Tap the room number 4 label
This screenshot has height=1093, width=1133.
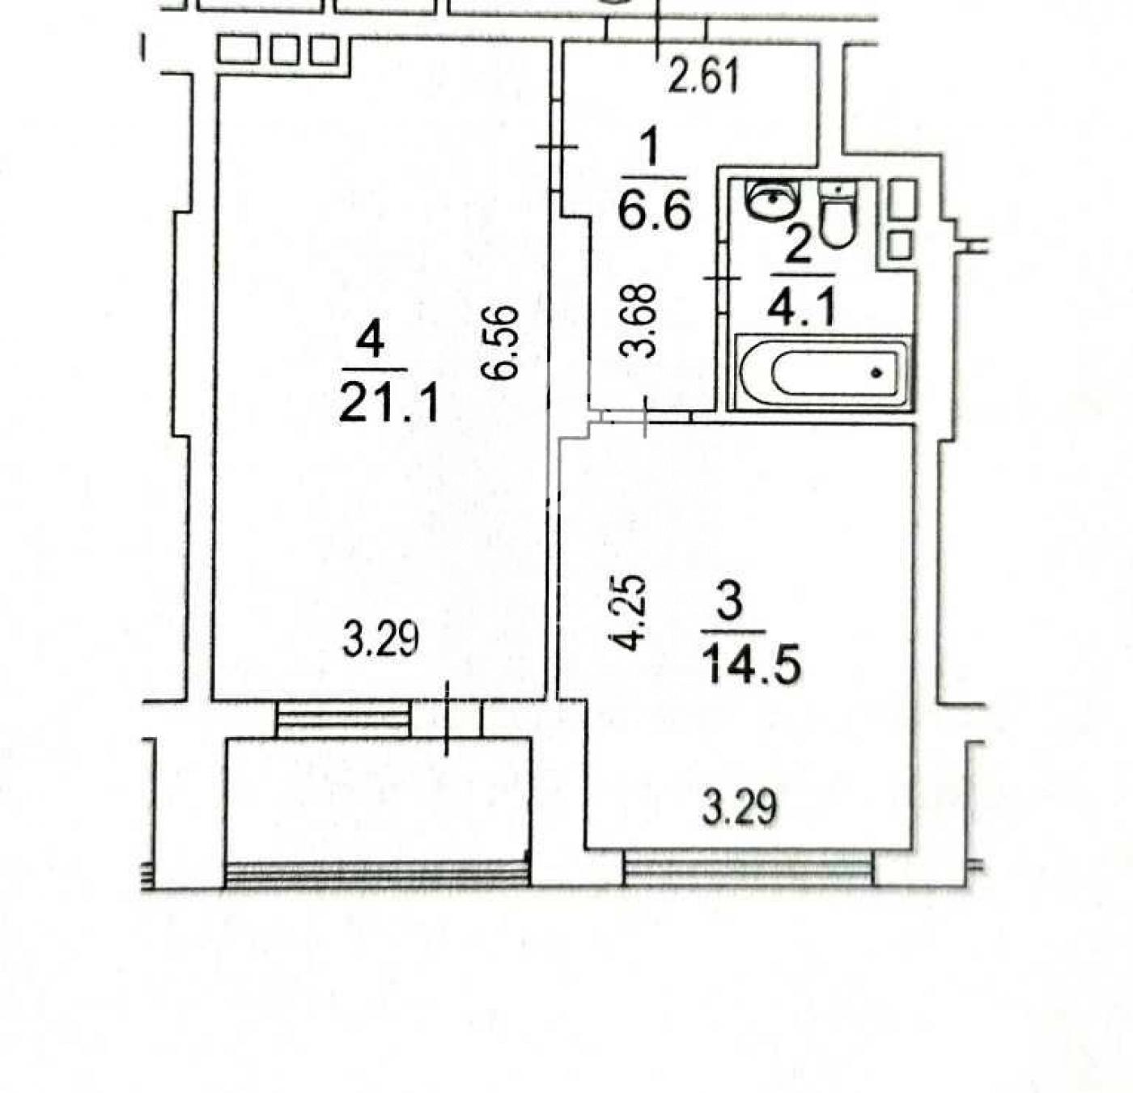tap(371, 341)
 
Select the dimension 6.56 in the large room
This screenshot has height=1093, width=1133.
tap(501, 343)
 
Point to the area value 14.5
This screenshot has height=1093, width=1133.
tap(752, 665)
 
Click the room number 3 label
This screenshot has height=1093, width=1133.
tap(730, 604)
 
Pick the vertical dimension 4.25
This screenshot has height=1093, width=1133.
tap(628, 613)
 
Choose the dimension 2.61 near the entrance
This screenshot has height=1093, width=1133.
tap(703, 78)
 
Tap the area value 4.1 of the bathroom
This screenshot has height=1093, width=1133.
tap(802, 307)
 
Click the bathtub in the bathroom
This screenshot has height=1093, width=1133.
tap(823, 372)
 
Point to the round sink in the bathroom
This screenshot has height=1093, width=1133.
tap(775, 201)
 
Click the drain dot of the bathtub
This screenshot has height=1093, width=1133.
tap(876, 372)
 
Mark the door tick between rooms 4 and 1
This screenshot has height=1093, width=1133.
tap(557, 146)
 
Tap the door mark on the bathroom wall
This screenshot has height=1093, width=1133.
tap(722, 278)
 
